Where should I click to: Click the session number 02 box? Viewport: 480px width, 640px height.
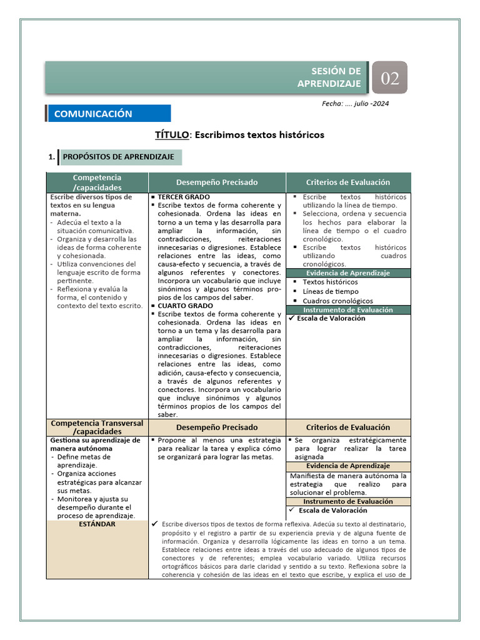[x=389, y=78]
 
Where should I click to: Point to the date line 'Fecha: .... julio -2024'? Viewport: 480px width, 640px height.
[x=355, y=104]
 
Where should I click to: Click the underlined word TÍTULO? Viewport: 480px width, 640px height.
[x=169, y=135]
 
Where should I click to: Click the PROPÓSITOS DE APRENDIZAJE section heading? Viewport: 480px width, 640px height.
[x=118, y=157]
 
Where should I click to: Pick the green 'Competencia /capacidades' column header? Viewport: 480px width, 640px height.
[x=97, y=182]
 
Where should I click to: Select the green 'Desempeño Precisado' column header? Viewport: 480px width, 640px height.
[x=217, y=182]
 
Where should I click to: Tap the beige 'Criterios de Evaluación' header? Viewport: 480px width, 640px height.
[x=347, y=427]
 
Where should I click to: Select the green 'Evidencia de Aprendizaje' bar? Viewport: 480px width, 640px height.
[x=347, y=273]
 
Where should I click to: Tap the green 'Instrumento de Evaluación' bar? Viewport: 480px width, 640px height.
[x=347, y=310]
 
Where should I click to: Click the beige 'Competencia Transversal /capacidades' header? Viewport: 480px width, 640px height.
[x=97, y=427]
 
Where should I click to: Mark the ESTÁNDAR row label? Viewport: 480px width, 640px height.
[x=97, y=524]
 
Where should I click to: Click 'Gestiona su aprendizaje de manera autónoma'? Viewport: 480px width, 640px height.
[x=95, y=444]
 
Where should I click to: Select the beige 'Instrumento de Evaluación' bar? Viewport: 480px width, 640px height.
[x=347, y=501]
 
